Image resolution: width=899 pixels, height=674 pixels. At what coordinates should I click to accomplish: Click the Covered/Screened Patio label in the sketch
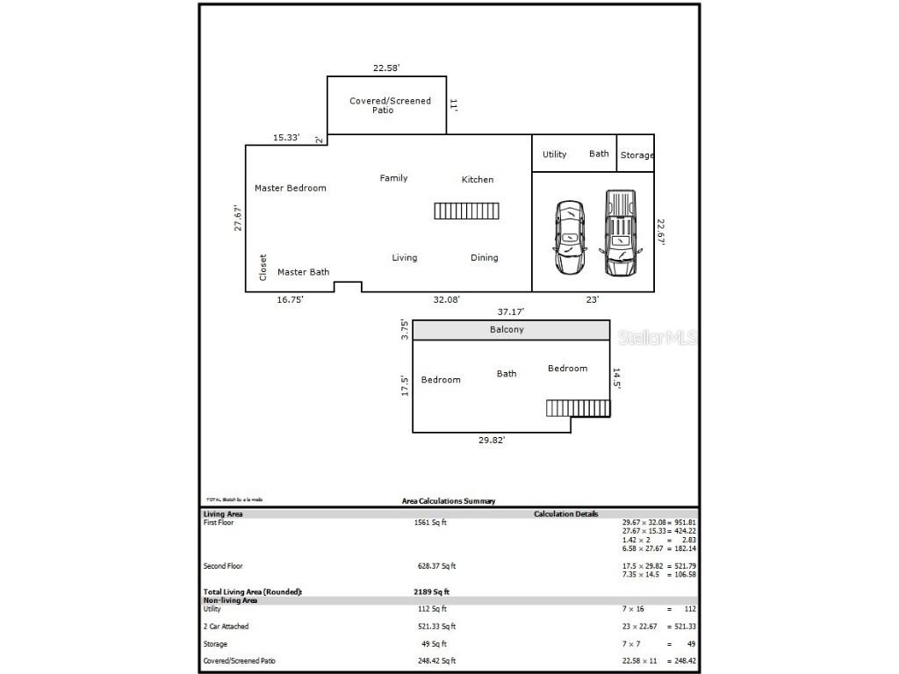(390, 105)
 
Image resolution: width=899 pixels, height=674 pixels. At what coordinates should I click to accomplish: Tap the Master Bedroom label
(290, 188)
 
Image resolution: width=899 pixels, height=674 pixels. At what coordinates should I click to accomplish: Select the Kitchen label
(478, 180)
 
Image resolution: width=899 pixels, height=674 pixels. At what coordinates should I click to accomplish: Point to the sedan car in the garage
(570, 238)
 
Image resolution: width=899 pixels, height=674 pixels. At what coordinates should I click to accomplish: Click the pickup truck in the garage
(620, 233)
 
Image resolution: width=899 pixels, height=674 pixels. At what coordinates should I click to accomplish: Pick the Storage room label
(636, 155)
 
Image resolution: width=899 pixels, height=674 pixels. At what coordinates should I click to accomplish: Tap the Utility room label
(554, 154)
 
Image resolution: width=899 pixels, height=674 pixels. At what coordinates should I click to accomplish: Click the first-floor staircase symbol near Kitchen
(466, 211)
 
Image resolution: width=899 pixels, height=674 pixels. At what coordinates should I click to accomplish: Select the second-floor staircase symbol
(578, 408)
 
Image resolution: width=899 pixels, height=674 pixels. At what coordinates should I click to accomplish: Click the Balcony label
(507, 330)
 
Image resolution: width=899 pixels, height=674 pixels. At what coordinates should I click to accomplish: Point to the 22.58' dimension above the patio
(386, 68)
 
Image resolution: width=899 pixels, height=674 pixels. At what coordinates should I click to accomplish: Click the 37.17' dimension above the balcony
(512, 312)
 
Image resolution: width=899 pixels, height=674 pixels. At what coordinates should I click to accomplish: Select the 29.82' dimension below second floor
(492, 441)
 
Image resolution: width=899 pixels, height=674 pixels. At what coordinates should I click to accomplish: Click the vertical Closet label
(263, 268)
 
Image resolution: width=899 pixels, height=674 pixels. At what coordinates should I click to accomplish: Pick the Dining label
(484, 258)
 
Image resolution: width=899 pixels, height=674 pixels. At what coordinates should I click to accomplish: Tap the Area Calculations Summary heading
(448, 501)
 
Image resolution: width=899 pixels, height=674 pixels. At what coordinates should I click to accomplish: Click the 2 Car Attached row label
(226, 627)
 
